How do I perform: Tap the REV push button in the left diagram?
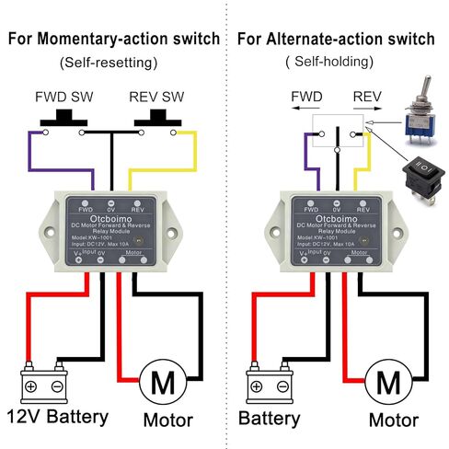163,119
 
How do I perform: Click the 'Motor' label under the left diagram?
167,420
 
